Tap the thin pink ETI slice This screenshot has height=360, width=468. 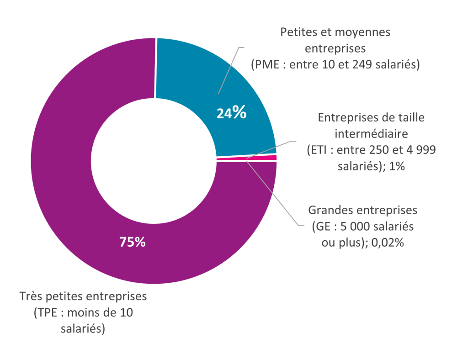[x=270, y=158]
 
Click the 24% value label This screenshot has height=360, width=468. [x=231, y=112]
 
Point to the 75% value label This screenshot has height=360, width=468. [x=132, y=242]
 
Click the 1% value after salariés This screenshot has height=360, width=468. [x=397, y=166]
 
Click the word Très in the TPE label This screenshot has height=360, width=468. [x=32, y=296]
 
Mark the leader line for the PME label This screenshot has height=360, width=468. [x=231, y=69]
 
